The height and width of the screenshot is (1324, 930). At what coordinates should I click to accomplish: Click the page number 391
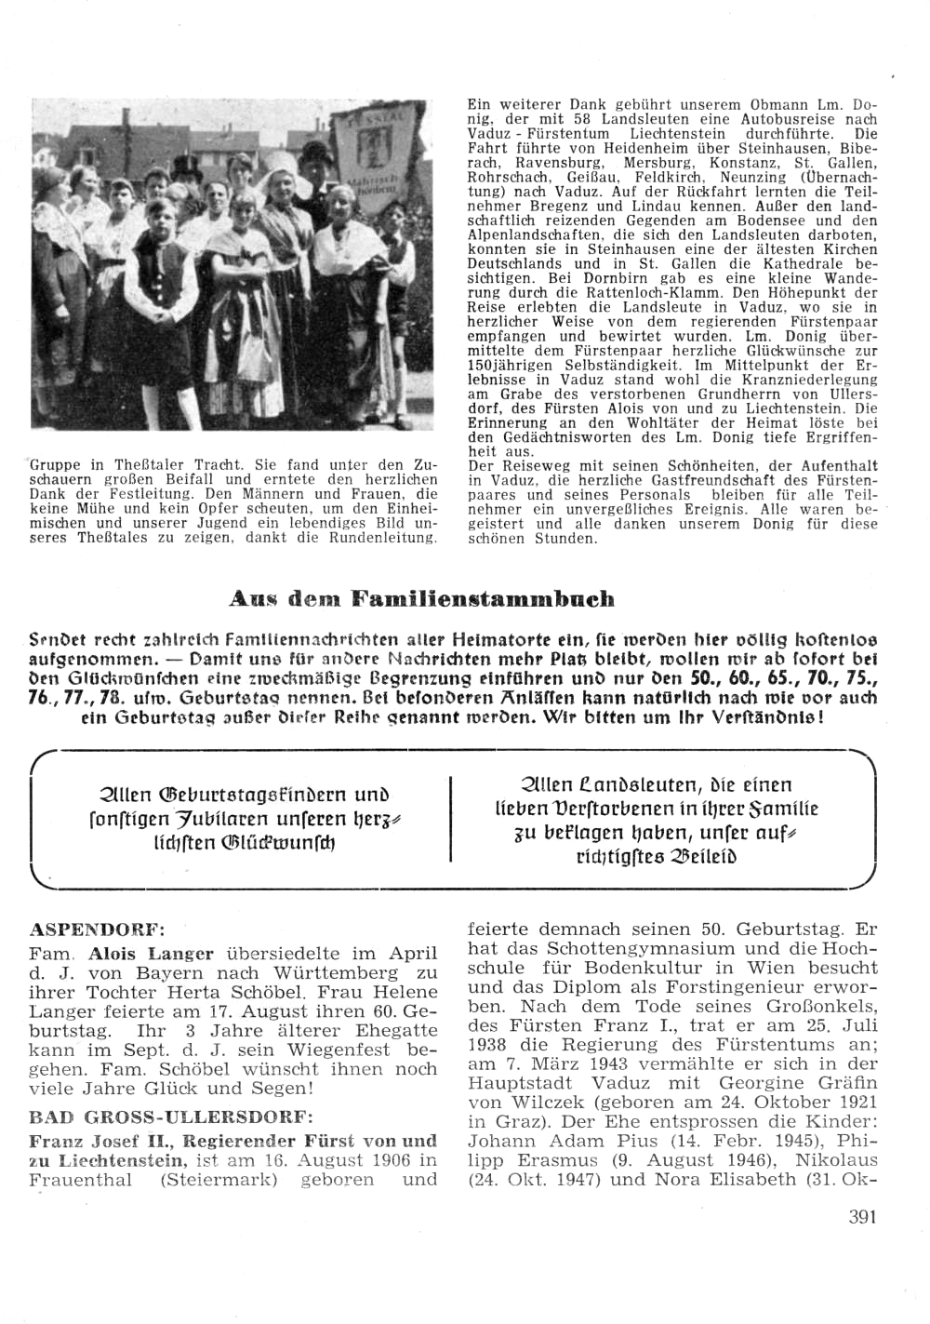(x=862, y=1216)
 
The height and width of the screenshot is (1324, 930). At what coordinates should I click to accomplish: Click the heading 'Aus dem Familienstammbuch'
(x=421, y=598)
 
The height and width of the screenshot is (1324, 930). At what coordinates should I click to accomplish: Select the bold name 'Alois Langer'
(x=151, y=954)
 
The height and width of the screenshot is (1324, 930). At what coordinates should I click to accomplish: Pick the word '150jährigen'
(x=506, y=367)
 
